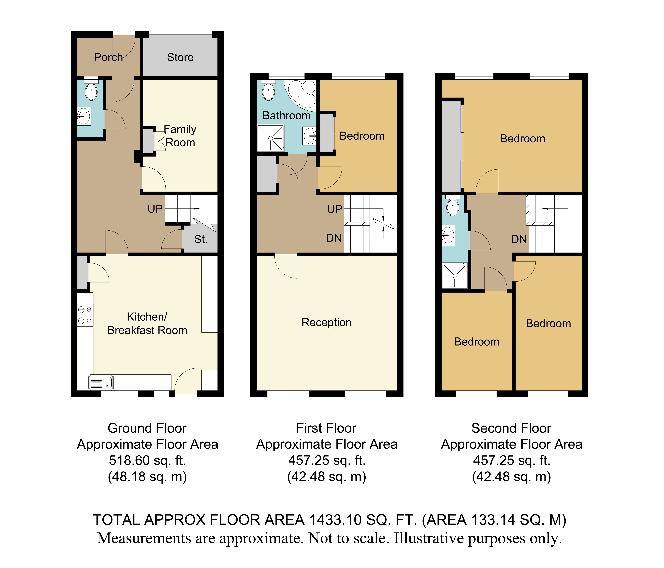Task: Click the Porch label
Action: click(x=108, y=57)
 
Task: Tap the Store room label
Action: click(x=180, y=57)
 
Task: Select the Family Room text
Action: click(x=180, y=136)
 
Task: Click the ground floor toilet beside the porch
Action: click(x=91, y=90)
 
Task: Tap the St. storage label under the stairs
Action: click(x=201, y=239)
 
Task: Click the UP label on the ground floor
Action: click(x=155, y=209)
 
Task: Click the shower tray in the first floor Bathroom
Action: click(x=271, y=138)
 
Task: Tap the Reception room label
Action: click(x=327, y=322)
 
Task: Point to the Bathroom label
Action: click(x=286, y=115)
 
